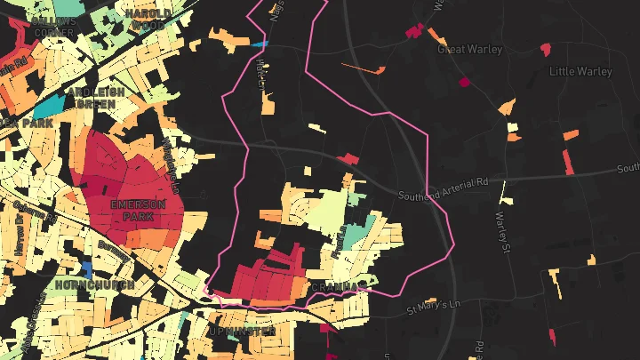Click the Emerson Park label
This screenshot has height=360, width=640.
pyautogui.click(x=132, y=210)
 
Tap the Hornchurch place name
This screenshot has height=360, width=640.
pyautogui.click(x=95, y=284)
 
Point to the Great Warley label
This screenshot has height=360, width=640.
pyautogui.click(x=470, y=50)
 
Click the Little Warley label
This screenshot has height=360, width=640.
pyautogui.click(x=580, y=71)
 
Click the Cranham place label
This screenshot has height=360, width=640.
pyautogui.click(x=338, y=287)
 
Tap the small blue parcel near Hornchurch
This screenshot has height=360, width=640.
pyautogui.click(x=86, y=268)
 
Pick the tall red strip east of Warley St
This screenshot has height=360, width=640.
pyautogui.click(x=569, y=162)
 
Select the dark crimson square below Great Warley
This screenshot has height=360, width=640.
pyautogui.click(x=463, y=83)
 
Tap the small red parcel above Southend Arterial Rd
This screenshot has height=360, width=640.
pyautogui.click(x=349, y=159)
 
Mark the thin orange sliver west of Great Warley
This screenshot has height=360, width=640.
pyautogui.click(x=364, y=68)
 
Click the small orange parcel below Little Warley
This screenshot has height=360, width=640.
pyautogui.click(x=571, y=134)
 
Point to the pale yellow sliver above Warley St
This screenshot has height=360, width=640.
pyautogui.click(x=504, y=191)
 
